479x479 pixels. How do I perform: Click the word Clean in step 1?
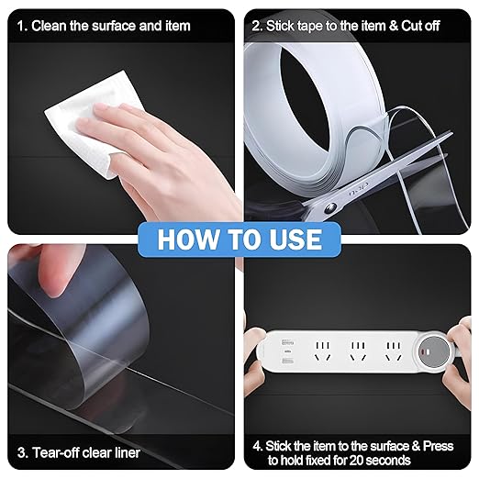pyautogui.click(x=50, y=26)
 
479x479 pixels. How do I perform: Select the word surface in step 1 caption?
pyautogui.click(x=115, y=26)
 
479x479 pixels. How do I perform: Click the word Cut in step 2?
pyautogui.click(x=412, y=26)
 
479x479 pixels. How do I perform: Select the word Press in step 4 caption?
pyautogui.click(x=438, y=446)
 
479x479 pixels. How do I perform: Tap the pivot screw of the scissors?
pyautogui.click(x=330, y=208)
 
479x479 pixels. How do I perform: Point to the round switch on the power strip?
pyautogui.click(x=434, y=351)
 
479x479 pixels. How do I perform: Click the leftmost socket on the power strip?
pyautogui.click(x=323, y=351)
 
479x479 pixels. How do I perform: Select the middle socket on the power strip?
pyautogui.click(x=358, y=351)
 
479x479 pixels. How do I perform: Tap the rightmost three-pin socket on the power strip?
pyautogui.click(x=394, y=351)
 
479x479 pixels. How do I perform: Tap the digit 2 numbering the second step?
pyautogui.click(x=256, y=26)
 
